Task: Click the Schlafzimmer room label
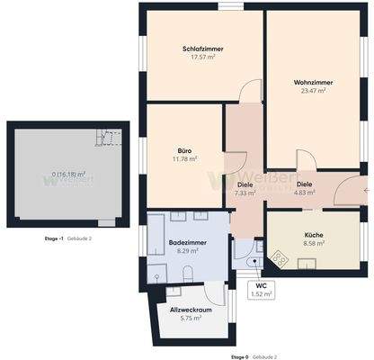[202, 49]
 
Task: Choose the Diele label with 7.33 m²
[245, 184]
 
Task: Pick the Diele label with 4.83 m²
[304, 184]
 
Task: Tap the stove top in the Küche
[280, 259]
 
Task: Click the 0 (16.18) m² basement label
[68, 175]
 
